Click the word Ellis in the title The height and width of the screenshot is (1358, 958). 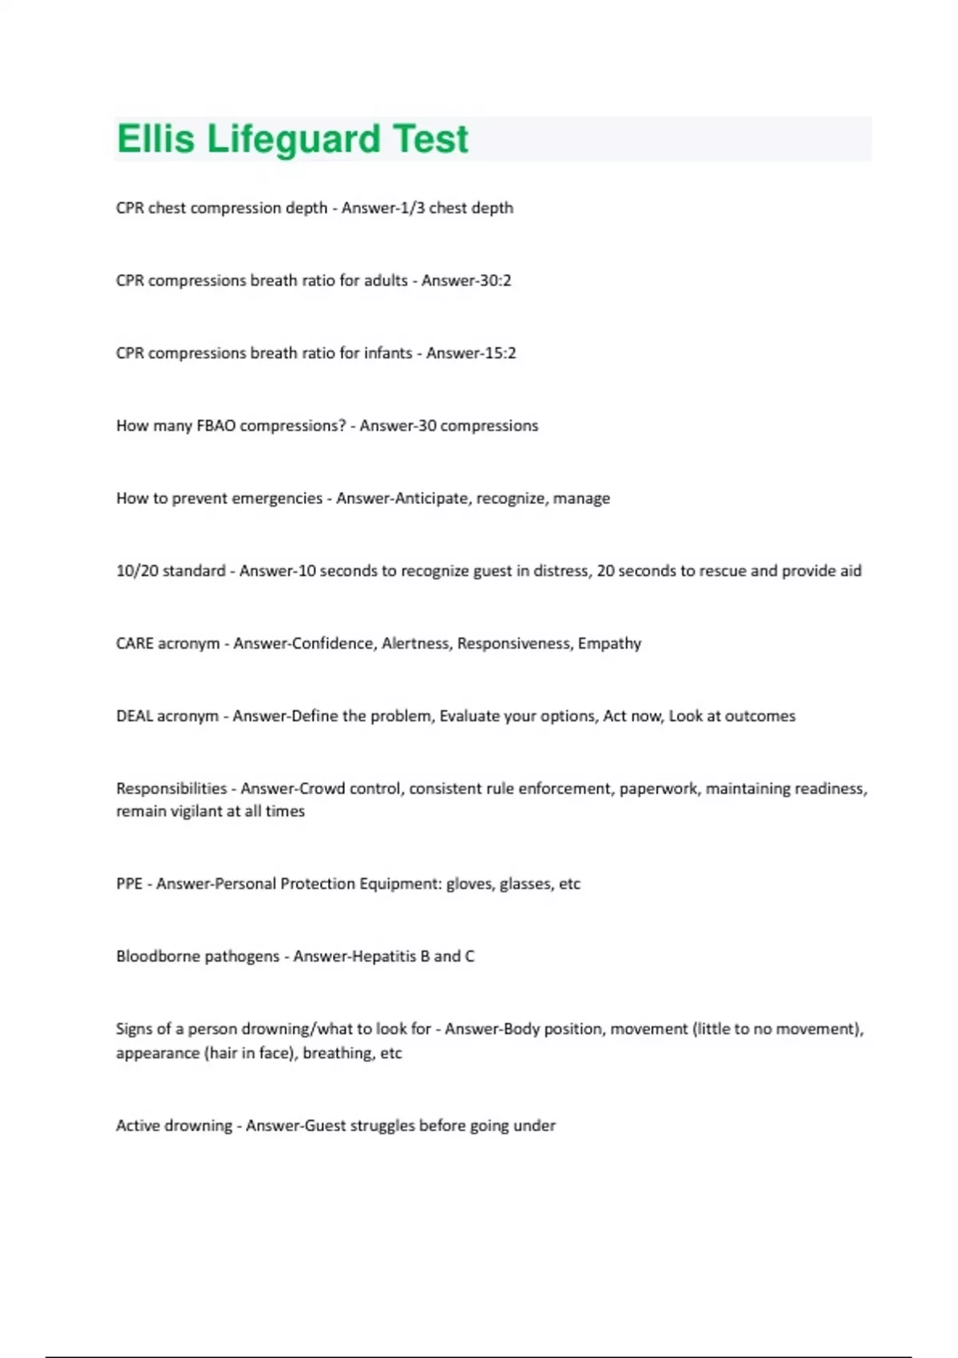tap(156, 139)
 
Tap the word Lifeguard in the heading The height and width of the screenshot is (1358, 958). tap(294, 139)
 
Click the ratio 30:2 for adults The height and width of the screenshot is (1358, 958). tap(495, 280)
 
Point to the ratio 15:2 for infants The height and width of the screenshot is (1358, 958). tap(500, 353)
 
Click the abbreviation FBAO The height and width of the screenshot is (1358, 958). tap(216, 426)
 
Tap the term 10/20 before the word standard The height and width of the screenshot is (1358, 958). tap(137, 571)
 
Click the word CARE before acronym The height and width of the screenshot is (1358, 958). tap(135, 644)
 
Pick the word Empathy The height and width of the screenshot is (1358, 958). tap(609, 644)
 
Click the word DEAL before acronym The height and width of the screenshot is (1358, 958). tap(134, 717)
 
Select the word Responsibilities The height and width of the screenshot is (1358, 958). tap(172, 788)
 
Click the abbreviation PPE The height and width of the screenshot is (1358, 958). tap(129, 883)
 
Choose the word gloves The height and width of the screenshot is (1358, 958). tap(469, 883)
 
